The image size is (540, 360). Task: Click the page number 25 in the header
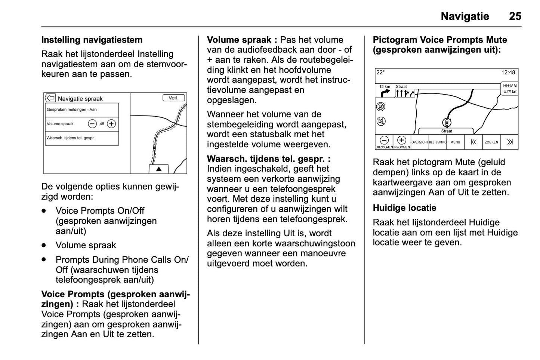tap(515, 16)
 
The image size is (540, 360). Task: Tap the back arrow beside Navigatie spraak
tap(50, 98)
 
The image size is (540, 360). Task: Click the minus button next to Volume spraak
tap(92, 124)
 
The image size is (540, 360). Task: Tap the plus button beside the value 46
tap(111, 124)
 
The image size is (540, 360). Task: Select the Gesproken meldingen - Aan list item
tap(81, 110)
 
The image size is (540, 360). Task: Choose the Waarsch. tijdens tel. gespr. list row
tap(81, 138)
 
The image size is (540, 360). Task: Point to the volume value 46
tap(102, 124)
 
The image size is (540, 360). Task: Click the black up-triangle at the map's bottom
tap(159, 169)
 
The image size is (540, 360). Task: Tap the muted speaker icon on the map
tap(380, 121)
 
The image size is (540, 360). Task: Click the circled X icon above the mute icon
tap(380, 107)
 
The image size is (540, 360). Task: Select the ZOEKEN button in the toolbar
tap(491, 142)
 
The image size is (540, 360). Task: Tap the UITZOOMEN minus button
tap(384, 141)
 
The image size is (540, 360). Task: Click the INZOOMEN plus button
tap(401, 141)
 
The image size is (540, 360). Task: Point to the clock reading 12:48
tap(508, 73)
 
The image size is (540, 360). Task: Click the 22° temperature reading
tap(380, 73)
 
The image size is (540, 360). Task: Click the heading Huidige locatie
tap(404, 208)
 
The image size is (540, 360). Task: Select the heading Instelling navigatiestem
tap(92, 40)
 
